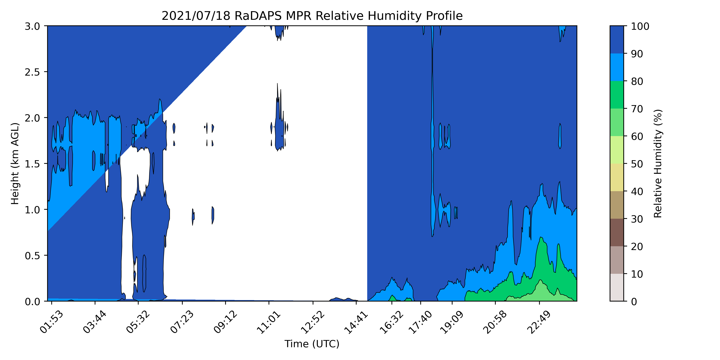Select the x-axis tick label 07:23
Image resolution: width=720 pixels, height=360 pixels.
(x=182, y=322)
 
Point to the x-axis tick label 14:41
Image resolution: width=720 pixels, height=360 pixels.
(x=356, y=322)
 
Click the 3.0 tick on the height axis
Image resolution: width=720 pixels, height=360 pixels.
(x=32, y=26)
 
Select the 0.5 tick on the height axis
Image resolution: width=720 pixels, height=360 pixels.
(x=32, y=255)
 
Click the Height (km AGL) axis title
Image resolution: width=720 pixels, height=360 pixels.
(x=15, y=163)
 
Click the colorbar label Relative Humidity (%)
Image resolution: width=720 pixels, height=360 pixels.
(x=658, y=163)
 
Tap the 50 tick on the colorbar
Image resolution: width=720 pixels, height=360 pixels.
(x=637, y=164)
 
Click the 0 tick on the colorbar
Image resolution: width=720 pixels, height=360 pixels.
(x=634, y=301)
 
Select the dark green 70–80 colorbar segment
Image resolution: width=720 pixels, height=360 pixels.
(x=616, y=95)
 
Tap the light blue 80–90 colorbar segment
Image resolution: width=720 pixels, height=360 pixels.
(x=616, y=67)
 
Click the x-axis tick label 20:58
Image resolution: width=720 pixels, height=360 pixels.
(x=495, y=322)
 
